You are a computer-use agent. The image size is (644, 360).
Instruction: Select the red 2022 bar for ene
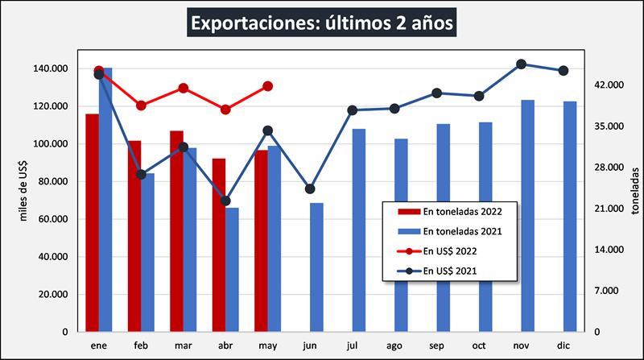93,222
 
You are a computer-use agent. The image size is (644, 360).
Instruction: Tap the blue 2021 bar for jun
316,267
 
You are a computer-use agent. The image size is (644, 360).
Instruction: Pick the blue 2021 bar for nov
527,215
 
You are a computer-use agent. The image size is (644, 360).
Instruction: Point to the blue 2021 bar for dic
570,216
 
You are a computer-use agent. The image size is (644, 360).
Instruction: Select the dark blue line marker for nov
521,64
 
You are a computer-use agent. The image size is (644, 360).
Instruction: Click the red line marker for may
268,86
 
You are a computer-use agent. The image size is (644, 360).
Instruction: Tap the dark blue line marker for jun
310,189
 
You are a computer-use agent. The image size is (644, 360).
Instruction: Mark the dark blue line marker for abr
225,201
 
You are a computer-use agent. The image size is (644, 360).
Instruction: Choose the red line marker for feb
141,106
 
